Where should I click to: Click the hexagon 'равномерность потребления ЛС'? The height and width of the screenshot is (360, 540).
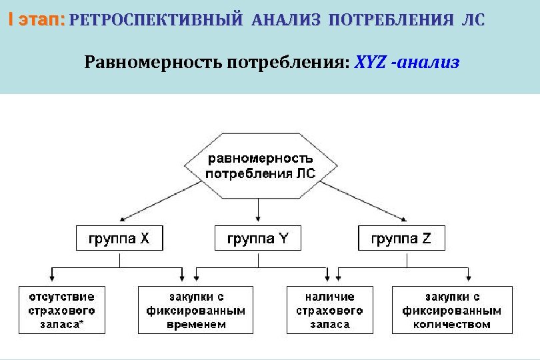click(x=259, y=166)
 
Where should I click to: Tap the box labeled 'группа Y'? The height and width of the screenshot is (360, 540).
click(x=258, y=238)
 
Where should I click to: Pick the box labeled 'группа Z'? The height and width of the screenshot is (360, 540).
click(x=401, y=238)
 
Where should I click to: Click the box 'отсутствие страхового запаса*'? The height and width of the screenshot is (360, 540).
click(x=61, y=310)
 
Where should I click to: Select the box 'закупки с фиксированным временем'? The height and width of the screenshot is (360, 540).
click(x=195, y=310)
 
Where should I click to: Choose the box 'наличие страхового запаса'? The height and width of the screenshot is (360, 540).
click(x=329, y=310)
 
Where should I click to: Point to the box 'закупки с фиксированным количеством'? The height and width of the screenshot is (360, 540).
click(x=452, y=310)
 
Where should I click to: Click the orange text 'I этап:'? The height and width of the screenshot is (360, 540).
click(x=37, y=20)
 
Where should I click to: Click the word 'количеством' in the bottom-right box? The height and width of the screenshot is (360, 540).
click(x=452, y=325)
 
